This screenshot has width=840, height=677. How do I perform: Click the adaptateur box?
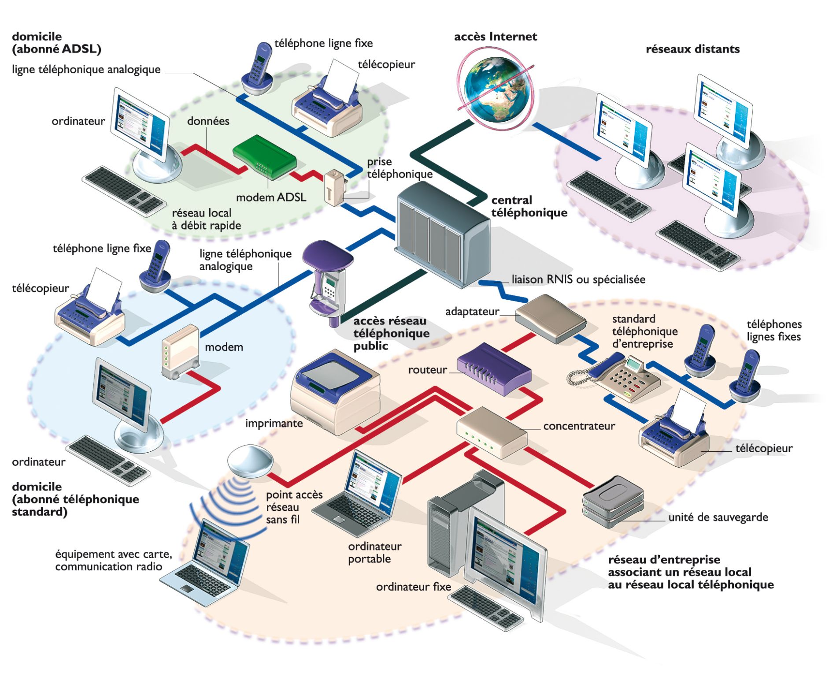coord(551,318)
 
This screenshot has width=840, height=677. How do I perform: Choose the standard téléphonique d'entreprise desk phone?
coord(625,377)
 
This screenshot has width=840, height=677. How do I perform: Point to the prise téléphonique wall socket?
coord(334,188)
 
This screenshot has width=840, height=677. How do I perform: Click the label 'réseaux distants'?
coord(692,49)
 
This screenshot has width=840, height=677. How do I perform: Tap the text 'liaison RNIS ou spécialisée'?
coord(578,279)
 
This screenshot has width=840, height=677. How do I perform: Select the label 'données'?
coord(208,121)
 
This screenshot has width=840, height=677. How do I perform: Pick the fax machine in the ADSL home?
coord(326,106)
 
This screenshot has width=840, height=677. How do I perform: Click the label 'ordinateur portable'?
coord(374,552)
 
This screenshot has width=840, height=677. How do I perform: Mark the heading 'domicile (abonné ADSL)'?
coord(56,42)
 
